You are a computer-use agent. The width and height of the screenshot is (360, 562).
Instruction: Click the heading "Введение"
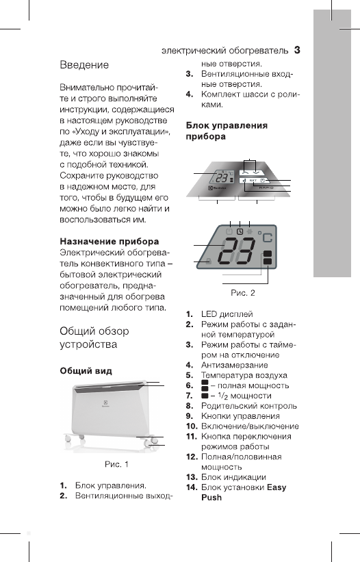tap(83, 65)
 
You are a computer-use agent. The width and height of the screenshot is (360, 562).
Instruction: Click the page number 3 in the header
tap(297, 49)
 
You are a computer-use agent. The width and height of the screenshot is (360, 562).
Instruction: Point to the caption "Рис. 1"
tap(116, 465)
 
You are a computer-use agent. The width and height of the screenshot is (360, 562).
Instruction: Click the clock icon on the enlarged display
tap(240, 232)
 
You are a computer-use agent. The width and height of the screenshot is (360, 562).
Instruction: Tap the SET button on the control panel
tap(254, 179)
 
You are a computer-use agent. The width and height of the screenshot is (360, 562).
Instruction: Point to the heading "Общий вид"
tap(83, 370)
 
